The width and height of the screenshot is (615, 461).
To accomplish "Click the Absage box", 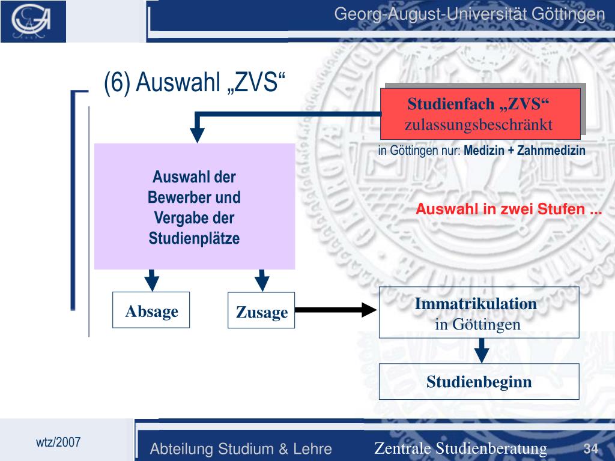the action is (151, 310).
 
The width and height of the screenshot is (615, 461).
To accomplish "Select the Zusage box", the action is (261, 310).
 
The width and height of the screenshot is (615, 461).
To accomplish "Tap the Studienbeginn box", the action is (479, 382).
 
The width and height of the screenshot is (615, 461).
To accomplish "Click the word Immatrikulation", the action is (476, 304).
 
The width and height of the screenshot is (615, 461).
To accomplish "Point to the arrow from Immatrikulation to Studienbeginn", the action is (480, 350).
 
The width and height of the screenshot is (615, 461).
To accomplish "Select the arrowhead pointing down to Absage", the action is (153, 280).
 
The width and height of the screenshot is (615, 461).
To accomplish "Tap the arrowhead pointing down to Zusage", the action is (261, 280).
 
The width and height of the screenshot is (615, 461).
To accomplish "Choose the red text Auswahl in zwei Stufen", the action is (509, 209).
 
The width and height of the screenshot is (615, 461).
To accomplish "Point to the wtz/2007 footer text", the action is (58, 442).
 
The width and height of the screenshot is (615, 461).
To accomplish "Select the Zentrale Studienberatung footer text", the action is (461, 448).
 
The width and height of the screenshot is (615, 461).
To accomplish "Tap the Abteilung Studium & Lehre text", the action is (241, 449).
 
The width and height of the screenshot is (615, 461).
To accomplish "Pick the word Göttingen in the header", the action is (568, 13).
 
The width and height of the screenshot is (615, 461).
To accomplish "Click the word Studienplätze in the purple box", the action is (194, 238).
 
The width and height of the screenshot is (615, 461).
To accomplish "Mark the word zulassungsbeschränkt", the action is (478, 125).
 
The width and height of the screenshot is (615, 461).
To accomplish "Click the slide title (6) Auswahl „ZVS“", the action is (193, 83).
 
